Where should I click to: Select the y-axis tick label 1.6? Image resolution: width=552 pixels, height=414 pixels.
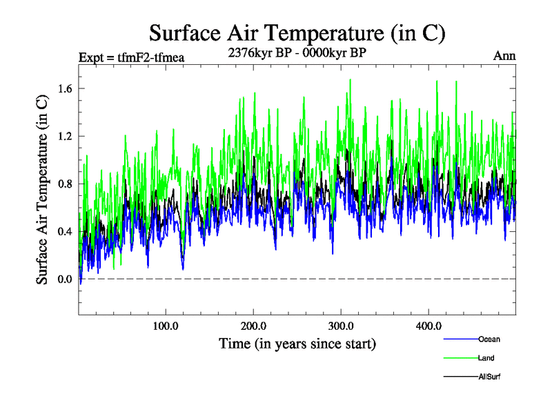coord(66,88)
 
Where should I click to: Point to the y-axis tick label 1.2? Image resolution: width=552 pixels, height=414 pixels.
coord(66,136)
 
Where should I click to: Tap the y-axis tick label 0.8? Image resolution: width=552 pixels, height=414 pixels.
coord(66,184)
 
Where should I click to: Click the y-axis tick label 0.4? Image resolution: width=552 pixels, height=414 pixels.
coord(66,231)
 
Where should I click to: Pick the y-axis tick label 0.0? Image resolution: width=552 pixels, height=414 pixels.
coord(66,279)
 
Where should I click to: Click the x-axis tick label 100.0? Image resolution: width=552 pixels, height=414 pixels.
coord(166,326)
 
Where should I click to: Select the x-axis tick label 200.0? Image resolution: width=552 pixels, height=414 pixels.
coord(253,326)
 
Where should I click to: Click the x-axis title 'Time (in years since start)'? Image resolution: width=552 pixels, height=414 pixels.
coord(297,343)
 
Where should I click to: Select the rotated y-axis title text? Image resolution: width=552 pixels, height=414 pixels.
coord(42,188)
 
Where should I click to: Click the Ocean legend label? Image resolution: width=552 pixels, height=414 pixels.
coord(489,339)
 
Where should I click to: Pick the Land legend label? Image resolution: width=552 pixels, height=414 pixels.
coord(486,358)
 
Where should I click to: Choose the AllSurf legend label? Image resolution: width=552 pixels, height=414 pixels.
coord(489,377)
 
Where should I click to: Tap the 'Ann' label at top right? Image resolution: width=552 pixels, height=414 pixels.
coord(504,56)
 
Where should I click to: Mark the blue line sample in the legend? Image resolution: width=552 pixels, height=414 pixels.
coord(459,339)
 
